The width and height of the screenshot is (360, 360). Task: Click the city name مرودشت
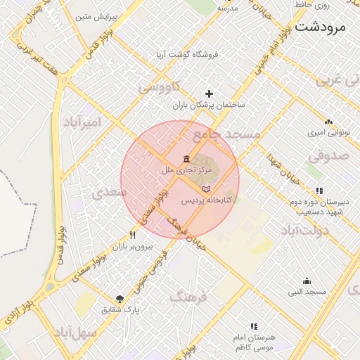click(x=323, y=27)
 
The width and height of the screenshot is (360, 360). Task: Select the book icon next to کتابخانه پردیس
click(x=205, y=189)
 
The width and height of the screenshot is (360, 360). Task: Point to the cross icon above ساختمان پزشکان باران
click(x=208, y=94)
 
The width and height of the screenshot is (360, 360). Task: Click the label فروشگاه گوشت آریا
click(x=187, y=54)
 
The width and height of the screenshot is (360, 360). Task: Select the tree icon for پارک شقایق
click(x=120, y=298)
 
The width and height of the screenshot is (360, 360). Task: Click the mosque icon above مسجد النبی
click(x=306, y=281)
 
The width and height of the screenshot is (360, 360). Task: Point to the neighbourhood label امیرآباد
click(x=82, y=122)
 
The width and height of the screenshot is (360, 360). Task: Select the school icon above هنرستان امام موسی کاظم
click(x=254, y=326)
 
